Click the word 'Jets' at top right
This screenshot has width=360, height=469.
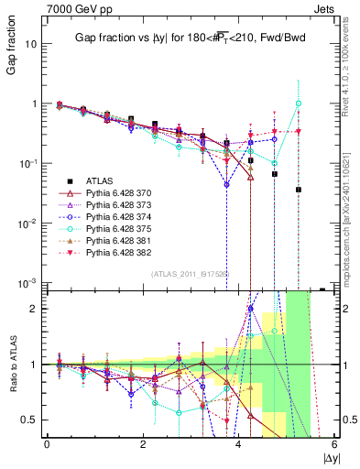(x=329, y=8)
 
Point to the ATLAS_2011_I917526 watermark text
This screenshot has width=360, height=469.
(x=191, y=272)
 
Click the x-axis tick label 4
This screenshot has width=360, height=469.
(x=238, y=444)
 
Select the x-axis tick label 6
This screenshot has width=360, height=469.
(x=334, y=444)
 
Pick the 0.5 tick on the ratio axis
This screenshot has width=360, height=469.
(x=31, y=420)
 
